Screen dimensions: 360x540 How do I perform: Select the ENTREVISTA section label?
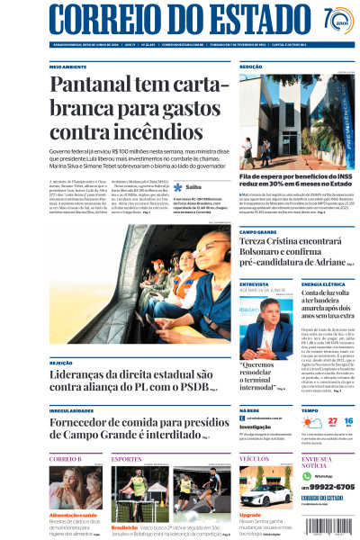click(253, 283)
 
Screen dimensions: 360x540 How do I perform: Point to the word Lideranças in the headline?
click(85, 373)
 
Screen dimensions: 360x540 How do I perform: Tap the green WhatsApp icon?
click(305, 474)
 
